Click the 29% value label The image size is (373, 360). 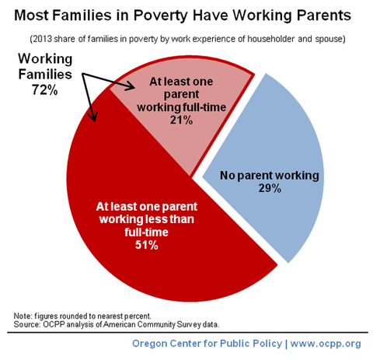click(270, 188)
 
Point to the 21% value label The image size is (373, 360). click(181, 121)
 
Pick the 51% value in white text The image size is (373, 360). click(147, 245)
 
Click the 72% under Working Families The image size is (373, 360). click(45, 90)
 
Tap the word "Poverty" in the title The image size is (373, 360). click(161, 16)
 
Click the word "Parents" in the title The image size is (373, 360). click(324, 15)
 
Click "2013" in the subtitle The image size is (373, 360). click(43, 39)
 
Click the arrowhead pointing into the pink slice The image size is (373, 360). click(131, 86)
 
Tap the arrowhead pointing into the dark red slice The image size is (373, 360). click(93, 116)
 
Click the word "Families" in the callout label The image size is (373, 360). click(45, 75)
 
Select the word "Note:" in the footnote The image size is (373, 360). click(23, 316)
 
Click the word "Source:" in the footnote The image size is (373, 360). click(27, 324)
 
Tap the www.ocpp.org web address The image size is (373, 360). click(326, 344)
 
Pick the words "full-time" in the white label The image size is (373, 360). click(146, 232)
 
